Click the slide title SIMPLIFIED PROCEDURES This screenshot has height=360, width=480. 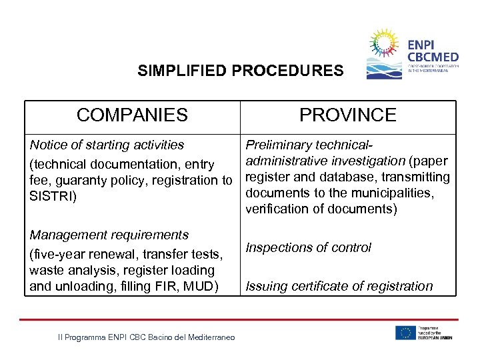(241, 71)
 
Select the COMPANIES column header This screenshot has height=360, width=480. (132, 115)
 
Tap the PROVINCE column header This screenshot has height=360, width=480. (347, 115)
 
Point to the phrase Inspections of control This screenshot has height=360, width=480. (308, 247)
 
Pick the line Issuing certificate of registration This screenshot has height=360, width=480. (339, 287)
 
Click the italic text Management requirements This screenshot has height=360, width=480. (109, 235)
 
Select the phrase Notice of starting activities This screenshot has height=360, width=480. (107, 145)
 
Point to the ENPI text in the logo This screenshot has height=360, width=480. (422, 45)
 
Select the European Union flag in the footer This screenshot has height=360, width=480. (405, 332)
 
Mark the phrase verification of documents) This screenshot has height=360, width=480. (321, 209)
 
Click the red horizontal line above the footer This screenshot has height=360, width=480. (240, 319)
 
